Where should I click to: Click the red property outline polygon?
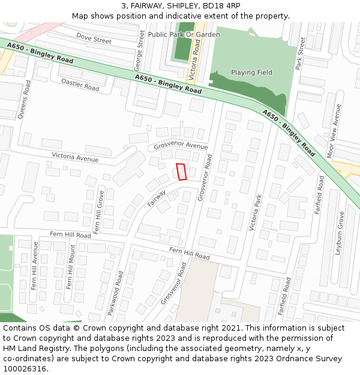pyautogui.click(x=182, y=172)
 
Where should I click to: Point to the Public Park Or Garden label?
pyautogui.click(x=184, y=35)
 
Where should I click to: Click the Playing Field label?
pyautogui.click(x=252, y=73)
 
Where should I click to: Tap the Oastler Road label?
pyautogui.click(x=80, y=87)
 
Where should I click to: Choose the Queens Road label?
pyautogui.click(x=26, y=100)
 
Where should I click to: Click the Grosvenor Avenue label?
pyautogui.click(x=181, y=146)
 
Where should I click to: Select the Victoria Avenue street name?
pyautogui.click(x=75, y=158)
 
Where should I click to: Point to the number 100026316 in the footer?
pyautogui.click(x=25, y=369)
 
